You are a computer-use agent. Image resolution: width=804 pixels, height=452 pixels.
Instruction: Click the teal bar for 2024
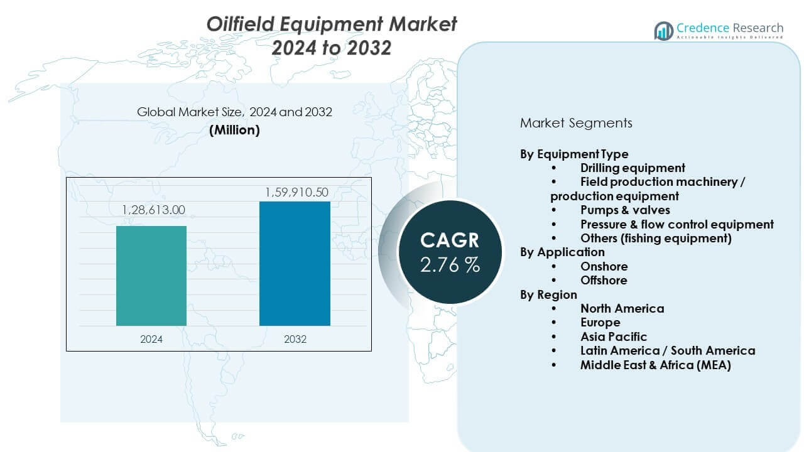[x=151, y=276]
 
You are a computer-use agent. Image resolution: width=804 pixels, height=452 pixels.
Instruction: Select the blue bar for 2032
[x=295, y=263]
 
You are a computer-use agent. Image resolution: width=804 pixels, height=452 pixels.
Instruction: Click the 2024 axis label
[x=151, y=339]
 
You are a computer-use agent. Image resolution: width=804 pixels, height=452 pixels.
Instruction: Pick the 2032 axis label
[x=295, y=339]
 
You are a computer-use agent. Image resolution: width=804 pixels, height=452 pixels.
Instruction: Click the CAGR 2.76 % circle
[x=450, y=252]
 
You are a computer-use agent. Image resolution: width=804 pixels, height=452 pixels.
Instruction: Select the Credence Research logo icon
[x=663, y=30]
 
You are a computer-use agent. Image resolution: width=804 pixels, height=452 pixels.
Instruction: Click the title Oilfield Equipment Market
[x=332, y=24]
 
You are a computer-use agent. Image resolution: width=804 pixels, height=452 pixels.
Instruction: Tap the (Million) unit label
[x=234, y=130]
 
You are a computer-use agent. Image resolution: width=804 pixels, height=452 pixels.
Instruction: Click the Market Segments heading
[x=576, y=123]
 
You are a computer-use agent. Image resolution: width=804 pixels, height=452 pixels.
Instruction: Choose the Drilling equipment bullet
[x=632, y=168]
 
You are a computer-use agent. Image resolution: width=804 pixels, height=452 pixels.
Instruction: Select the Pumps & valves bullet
[x=624, y=210]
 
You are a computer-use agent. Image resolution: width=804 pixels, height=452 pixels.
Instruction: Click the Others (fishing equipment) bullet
[x=656, y=238]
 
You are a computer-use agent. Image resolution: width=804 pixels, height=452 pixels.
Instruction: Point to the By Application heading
[x=562, y=252]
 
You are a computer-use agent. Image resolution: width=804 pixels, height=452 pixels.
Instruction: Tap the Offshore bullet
[x=603, y=280]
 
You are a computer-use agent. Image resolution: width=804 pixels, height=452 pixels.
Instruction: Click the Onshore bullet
[x=603, y=266]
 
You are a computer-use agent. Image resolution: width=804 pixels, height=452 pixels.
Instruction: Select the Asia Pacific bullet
[x=613, y=336]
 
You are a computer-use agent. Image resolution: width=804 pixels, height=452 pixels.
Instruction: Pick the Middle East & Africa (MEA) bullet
[x=655, y=365]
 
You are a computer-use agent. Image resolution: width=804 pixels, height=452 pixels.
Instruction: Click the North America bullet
[x=621, y=308]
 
